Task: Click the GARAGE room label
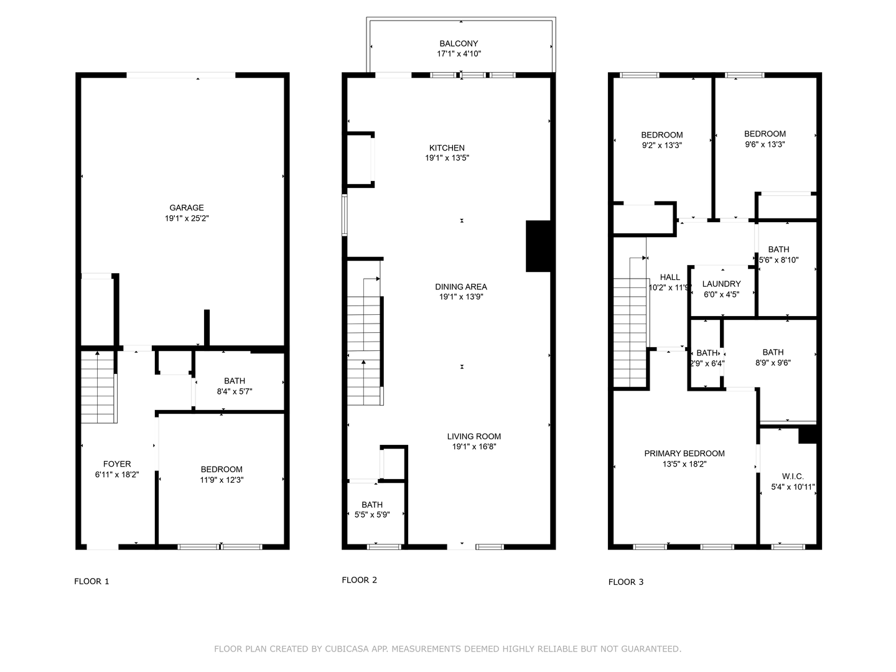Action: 187,208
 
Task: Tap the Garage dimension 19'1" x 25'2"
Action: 187,218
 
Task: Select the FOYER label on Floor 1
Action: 117,464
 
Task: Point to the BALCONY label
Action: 459,44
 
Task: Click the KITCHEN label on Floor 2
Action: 447,147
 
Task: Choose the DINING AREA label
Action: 461,286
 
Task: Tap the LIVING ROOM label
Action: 474,436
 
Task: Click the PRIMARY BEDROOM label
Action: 684,454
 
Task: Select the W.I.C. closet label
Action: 793,476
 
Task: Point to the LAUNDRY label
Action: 721,284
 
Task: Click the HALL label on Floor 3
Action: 670,278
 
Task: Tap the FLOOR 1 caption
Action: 91,581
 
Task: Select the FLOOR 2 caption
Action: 359,580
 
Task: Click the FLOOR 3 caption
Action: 626,582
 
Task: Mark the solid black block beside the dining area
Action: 538,246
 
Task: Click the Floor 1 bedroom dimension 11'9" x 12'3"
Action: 222,480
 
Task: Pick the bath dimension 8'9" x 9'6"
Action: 773,363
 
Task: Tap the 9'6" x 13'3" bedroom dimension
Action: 765,144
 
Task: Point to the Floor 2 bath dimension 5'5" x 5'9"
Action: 372,515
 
